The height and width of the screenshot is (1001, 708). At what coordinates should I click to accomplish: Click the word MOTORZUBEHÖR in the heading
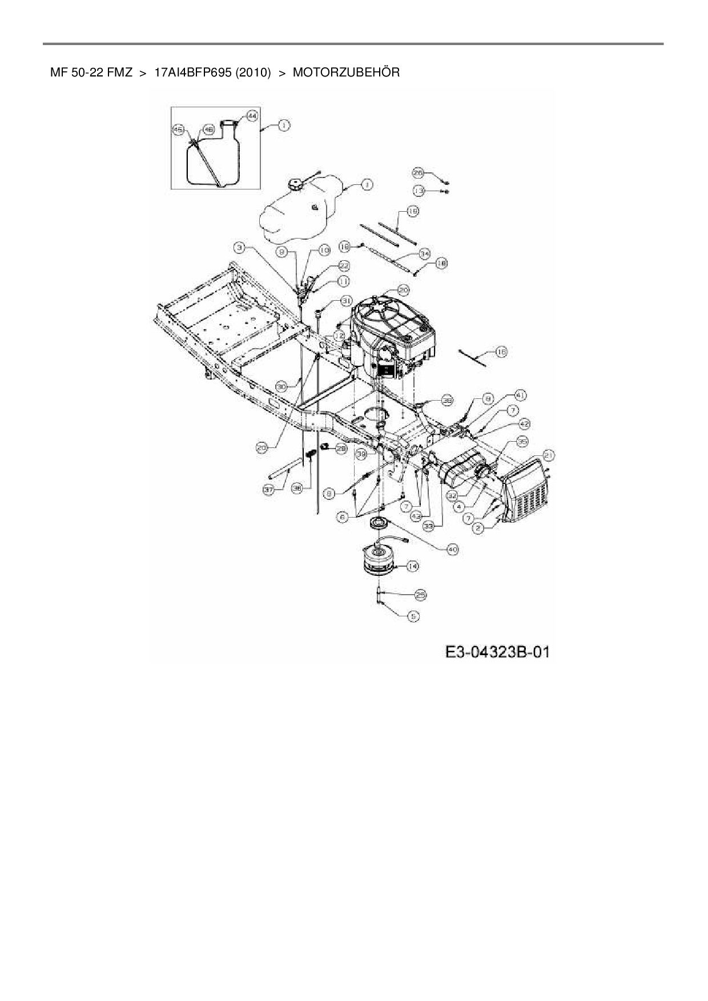click(x=346, y=73)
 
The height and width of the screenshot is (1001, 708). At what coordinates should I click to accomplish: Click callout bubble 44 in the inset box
click(x=252, y=115)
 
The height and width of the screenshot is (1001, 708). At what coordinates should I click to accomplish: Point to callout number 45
click(x=178, y=130)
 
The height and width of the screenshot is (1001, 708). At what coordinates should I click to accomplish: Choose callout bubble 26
click(x=419, y=172)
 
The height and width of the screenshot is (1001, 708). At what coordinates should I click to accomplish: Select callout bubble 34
click(x=424, y=253)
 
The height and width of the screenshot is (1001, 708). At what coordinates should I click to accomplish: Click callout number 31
click(x=347, y=300)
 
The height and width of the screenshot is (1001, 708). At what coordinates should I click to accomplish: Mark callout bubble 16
click(x=501, y=352)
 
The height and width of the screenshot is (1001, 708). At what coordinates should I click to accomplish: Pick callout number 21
click(x=549, y=454)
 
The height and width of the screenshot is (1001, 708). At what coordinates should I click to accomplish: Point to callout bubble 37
click(x=268, y=490)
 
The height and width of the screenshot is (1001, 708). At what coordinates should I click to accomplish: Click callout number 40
click(x=452, y=549)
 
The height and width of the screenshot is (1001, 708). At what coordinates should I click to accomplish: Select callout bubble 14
click(x=412, y=566)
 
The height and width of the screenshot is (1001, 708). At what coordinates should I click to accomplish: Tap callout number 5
click(x=413, y=616)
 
